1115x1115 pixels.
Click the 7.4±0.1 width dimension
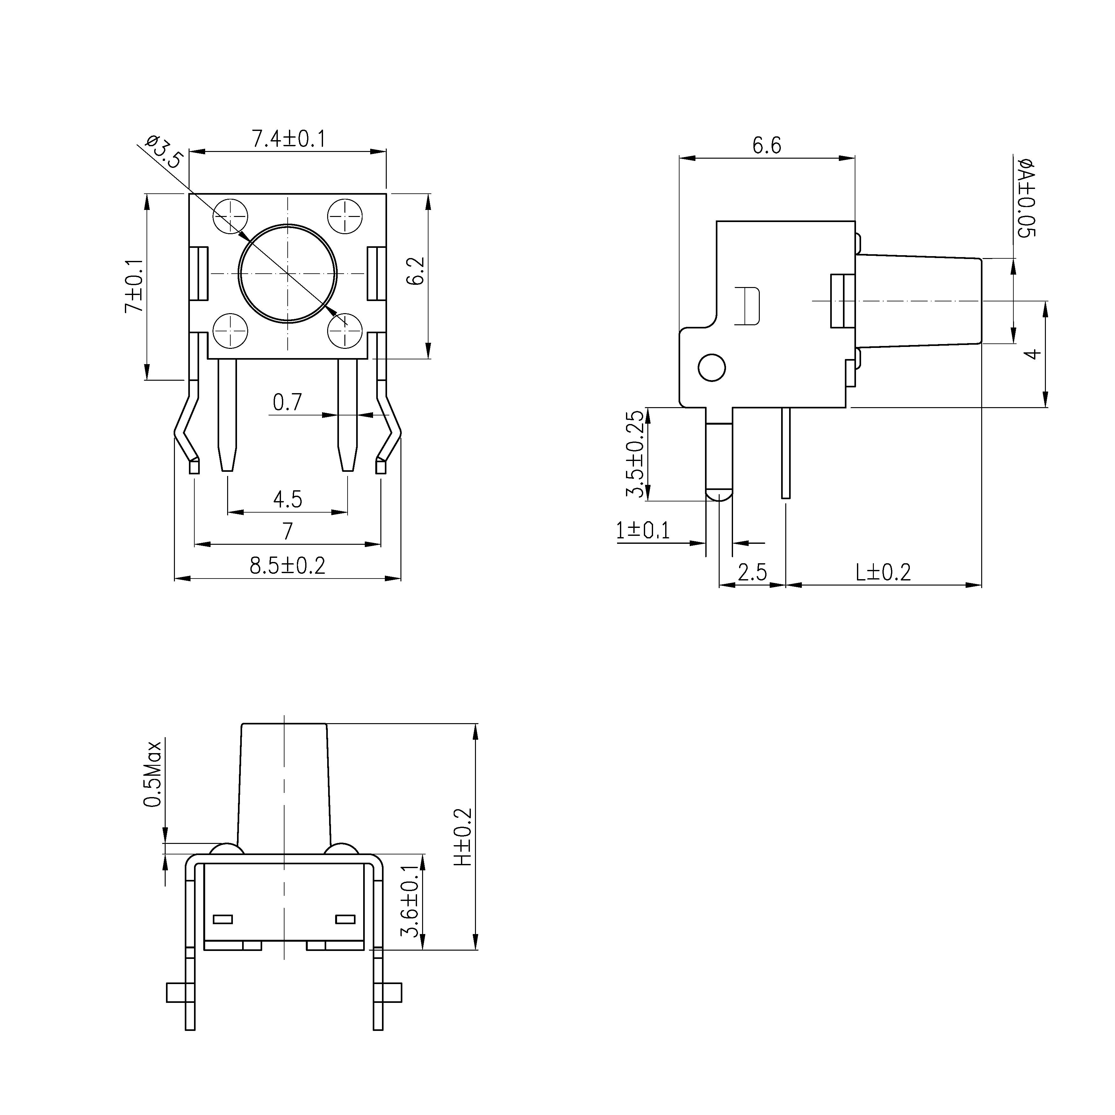pos(288,139)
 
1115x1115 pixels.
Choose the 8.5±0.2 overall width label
pos(287,565)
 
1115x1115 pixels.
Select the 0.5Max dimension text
pos(153,773)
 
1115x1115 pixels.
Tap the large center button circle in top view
pos(287,273)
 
